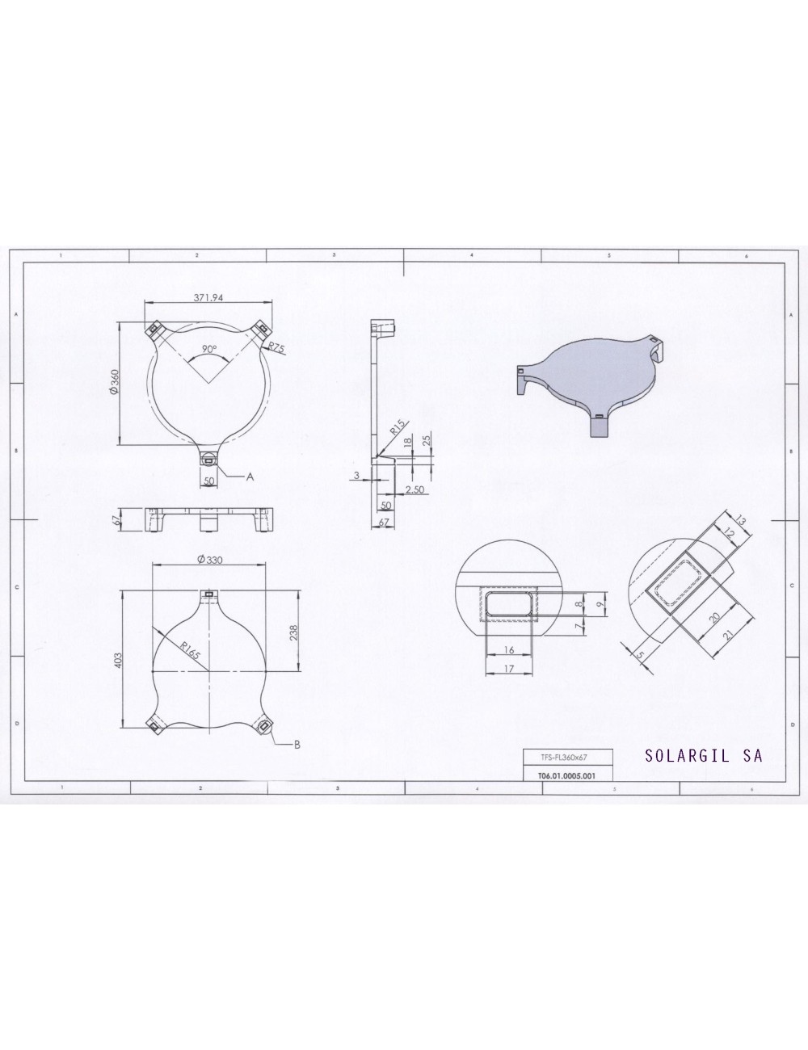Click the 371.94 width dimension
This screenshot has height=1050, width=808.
coord(208,297)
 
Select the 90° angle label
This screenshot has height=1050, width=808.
coord(209,350)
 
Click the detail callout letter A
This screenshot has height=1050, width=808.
coord(250,477)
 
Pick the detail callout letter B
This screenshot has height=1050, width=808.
coord(297,745)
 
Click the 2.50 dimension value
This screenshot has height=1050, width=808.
coord(415,490)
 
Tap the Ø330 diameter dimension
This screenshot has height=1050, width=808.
coord(210,560)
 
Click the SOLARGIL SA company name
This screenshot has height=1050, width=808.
coord(704,756)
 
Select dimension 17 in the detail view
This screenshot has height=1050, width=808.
coord(509,668)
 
